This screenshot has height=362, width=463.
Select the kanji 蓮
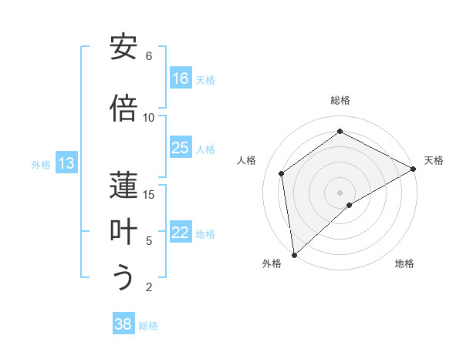(x=123, y=184)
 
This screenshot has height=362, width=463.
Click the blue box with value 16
(x=181, y=79)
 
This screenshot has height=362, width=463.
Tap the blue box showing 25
(x=181, y=148)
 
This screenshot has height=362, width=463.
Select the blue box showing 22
(x=181, y=233)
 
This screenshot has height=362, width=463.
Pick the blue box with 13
(x=66, y=163)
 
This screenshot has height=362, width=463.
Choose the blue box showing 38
(x=123, y=324)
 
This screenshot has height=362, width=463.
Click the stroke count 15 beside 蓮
(x=149, y=194)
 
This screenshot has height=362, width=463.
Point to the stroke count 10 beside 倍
(x=149, y=117)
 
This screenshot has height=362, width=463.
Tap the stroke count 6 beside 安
(x=149, y=56)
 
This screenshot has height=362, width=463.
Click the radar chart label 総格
(x=340, y=100)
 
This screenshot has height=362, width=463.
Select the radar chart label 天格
(x=434, y=160)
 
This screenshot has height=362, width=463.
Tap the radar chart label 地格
(x=404, y=264)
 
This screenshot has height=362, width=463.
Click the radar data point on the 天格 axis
(x=414, y=168)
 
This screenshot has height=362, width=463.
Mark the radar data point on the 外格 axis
(x=294, y=254)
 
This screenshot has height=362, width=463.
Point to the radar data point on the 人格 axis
(x=282, y=173)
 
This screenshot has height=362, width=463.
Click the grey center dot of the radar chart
(x=340, y=191)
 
